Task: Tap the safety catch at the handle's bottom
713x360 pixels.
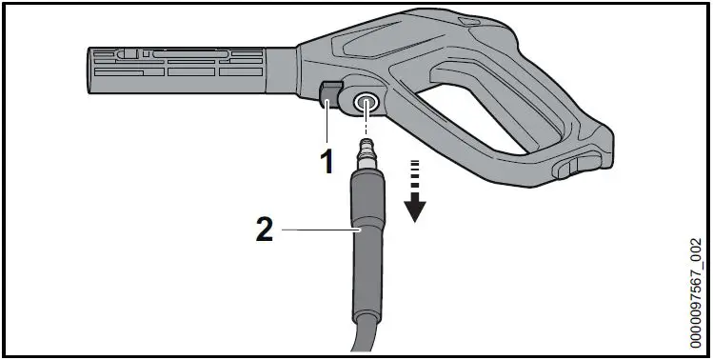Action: pos(564,169)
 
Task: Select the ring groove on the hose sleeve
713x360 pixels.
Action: pos(366,229)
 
